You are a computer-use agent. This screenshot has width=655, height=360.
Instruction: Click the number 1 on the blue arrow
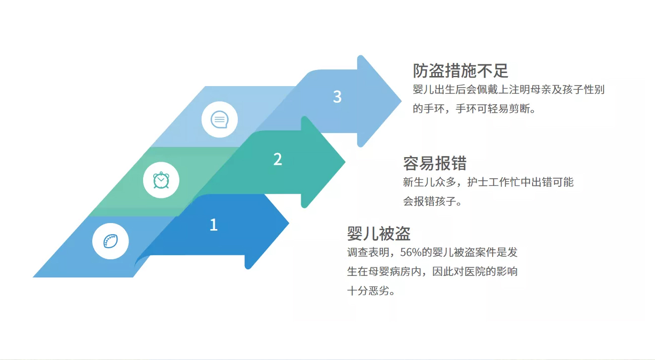214,225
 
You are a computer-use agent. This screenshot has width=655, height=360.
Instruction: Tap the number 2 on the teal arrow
278,159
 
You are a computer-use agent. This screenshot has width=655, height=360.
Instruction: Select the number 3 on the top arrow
337,97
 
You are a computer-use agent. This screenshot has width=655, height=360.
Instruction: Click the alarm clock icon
161,180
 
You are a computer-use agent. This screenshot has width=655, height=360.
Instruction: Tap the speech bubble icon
220,119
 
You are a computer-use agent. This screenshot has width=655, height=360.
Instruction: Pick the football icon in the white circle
110,241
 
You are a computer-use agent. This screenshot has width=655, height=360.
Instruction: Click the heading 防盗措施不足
460,70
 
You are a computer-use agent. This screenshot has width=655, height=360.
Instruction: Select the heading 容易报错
435,163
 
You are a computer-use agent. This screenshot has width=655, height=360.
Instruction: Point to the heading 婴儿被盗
379,233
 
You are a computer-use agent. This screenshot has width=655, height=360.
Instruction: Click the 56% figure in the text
411,252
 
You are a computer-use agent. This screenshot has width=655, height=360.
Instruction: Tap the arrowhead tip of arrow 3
401,101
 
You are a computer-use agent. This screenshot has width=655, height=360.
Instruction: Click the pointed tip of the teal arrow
345,162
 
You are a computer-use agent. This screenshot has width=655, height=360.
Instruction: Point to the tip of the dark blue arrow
289,223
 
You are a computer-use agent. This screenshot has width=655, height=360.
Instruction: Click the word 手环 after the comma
466,109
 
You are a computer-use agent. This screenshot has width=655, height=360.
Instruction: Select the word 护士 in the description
478,182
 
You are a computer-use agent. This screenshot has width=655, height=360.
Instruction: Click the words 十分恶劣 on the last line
368,291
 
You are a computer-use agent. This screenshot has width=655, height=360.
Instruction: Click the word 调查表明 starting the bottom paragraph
368,252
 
